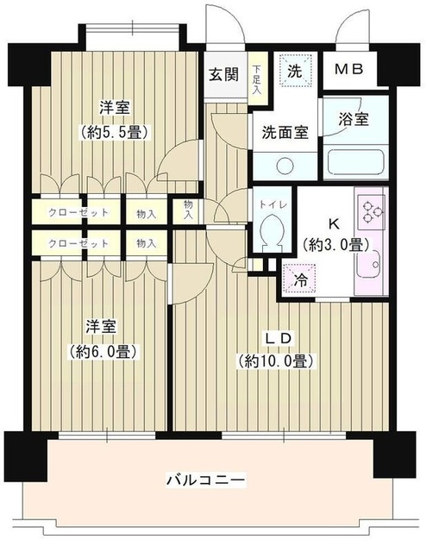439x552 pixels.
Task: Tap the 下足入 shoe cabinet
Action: pyautogui.click(x=256, y=74)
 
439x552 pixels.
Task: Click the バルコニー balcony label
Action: pyautogui.click(x=204, y=479)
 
